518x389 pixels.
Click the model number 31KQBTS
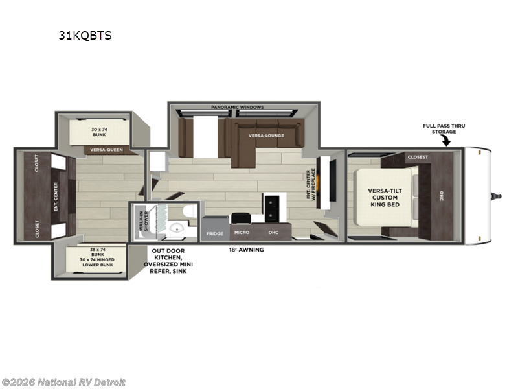click(x=85, y=36)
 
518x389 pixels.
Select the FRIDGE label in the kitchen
click(x=214, y=233)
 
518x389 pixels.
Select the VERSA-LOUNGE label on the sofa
click(x=265, y=136)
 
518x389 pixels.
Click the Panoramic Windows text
click(x=238, y=107)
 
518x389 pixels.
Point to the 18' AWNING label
click(x=247, y=249)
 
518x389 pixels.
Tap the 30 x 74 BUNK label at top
click(x=98, y=131)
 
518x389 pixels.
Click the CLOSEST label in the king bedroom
click(x=418, y=157)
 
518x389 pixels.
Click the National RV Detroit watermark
click(x=64, y=382)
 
